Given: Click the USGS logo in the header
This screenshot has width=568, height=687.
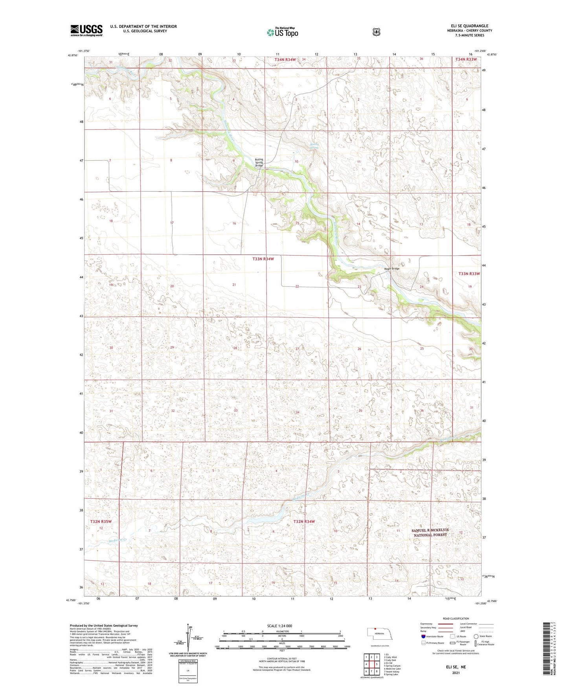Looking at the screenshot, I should (86, 30).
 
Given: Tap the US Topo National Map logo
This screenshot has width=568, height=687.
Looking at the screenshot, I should (282, 32).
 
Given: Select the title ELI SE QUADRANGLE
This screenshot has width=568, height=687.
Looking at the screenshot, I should (469, 26).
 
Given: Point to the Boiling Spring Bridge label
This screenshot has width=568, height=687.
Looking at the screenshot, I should (259, 163).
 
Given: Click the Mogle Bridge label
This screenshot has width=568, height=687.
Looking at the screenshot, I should (392, 269).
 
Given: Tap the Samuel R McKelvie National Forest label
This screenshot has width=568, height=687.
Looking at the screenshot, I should (430, 532).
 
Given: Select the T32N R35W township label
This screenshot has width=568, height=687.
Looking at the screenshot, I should (101, 521).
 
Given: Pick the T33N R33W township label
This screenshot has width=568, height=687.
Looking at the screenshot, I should (469, 273).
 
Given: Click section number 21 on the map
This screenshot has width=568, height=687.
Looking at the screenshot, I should (234, 284).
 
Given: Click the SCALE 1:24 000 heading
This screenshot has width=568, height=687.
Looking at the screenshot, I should (279, 626).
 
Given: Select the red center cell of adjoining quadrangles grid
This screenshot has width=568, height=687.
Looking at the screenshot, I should (371, 665).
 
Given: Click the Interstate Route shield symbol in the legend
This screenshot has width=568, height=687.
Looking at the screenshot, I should (423, 636).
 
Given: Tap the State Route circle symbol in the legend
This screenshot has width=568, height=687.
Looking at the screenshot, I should (476, 636).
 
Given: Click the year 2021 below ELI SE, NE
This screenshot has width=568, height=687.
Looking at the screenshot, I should (456, 672).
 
